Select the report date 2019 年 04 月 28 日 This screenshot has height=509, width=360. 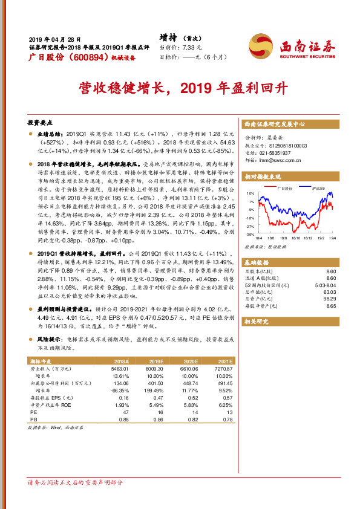pos(54,38)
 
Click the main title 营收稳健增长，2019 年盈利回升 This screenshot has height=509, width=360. pos(180,89)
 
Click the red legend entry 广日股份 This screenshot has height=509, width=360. pos(283,188)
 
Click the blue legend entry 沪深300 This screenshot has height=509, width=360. pos(317,188)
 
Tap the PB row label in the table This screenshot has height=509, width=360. pos(34,418)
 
